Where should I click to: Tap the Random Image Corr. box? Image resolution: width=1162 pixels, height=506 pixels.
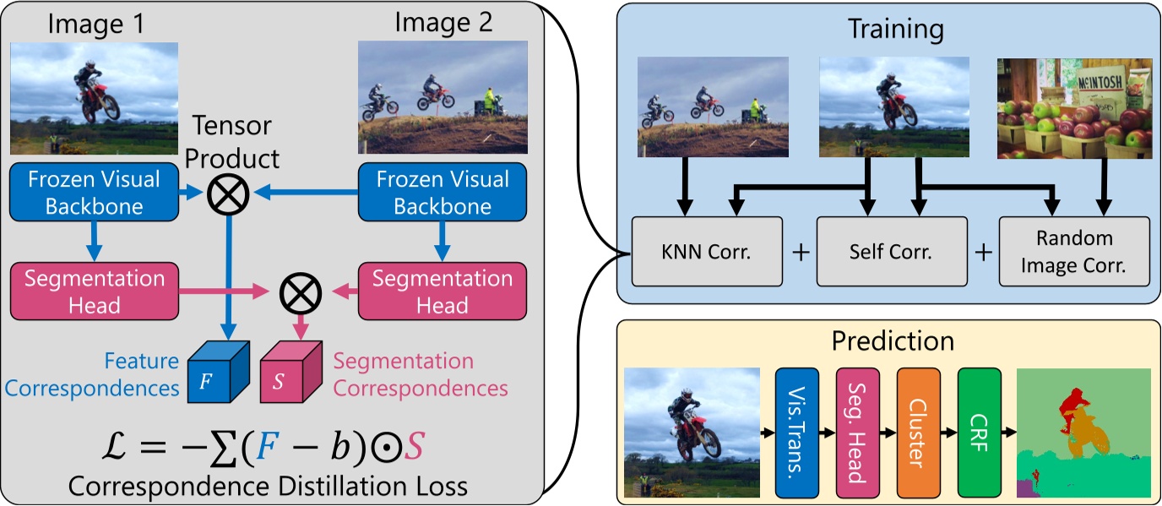click(x=1074, y=251)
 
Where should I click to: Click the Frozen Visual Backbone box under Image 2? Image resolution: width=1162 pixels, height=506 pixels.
click(x=443, y=193)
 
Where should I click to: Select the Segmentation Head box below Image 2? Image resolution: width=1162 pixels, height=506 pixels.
click(x=443, y=291)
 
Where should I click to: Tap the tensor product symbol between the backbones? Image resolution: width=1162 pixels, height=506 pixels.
click(x=228, y=193)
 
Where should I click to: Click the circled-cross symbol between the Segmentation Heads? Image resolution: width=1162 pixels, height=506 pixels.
click(x=296, y=292)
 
